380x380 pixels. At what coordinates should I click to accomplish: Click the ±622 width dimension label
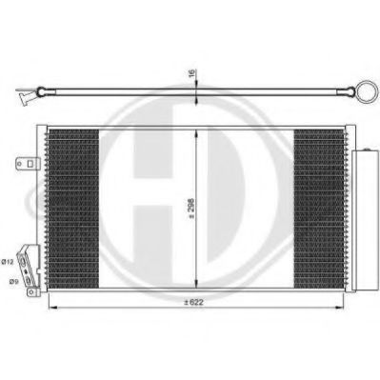pos(193,302)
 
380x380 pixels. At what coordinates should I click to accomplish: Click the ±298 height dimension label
pos(191,209)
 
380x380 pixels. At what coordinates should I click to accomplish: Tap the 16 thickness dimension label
pos(192,73)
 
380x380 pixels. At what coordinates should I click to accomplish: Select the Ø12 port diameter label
pos(8,262)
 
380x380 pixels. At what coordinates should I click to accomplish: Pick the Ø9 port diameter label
pos(12,281)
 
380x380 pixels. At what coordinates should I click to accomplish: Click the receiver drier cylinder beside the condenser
pos(365,220)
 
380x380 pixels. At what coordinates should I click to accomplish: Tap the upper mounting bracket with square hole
pos(28,164)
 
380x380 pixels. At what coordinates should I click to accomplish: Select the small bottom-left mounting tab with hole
pos(32,292)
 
